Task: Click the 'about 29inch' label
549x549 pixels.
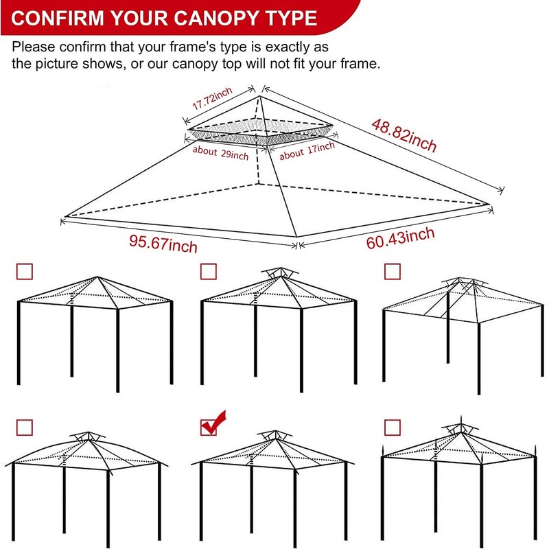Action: (x=220, y=153)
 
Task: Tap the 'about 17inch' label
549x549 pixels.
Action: (x=307, y=150)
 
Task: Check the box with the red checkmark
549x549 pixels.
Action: (x=209, y=427)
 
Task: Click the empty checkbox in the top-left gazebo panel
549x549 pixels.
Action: (x=24, y=272)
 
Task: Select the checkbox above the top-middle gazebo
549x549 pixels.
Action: (x=209, y=272)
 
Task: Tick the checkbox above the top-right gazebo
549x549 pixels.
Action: (x=393, y=272)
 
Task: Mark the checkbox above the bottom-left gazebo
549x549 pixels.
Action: (x=24, y=428)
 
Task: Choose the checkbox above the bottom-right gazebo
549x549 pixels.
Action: (x=393, y=428)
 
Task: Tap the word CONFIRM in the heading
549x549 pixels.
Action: (x=57, y=18)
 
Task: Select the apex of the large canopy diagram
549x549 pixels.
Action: (x=260, y=97)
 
